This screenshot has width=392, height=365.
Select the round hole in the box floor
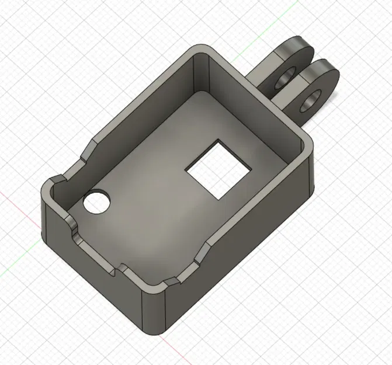click(97, 202)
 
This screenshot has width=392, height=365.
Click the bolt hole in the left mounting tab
click(286, 79)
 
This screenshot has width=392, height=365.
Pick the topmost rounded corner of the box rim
click(201, 49)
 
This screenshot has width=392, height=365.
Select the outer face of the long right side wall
click(245, 257)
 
